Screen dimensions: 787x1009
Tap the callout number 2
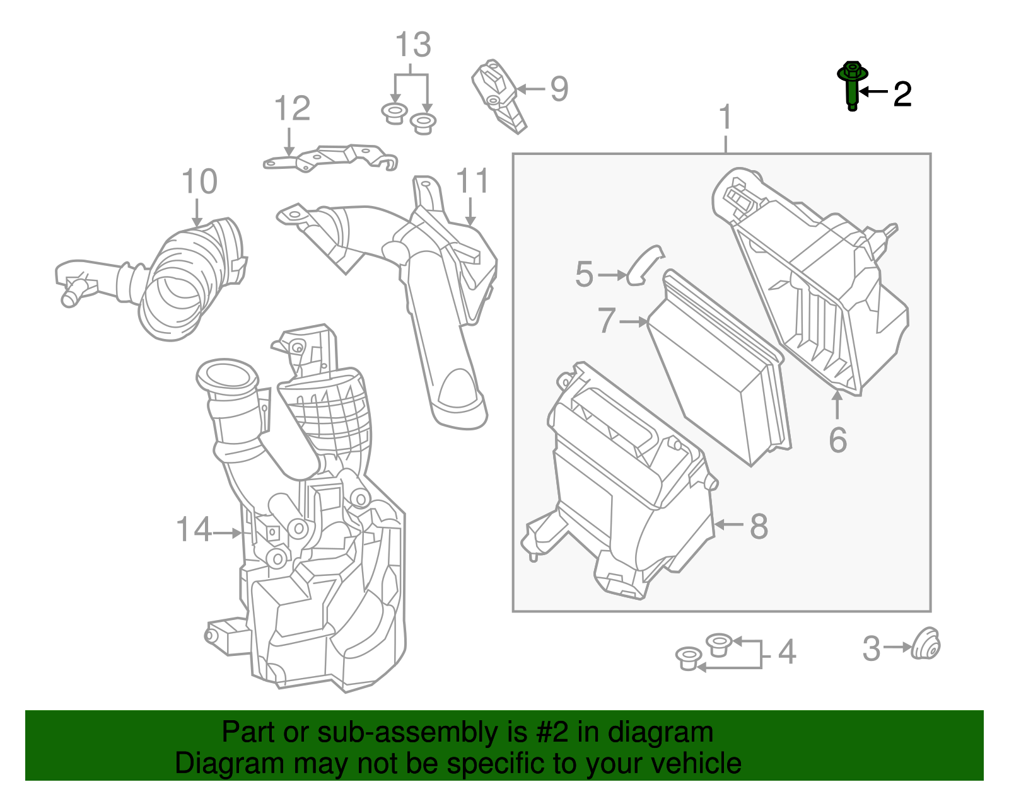(902, 95)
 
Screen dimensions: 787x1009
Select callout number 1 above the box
(726, 118)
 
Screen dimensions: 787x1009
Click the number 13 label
(413, 45)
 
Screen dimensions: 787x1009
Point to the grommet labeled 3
(925, 645)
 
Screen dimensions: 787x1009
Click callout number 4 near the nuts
(786, 652)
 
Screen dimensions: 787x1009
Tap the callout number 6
(837, 440)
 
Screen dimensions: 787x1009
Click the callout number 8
(759, 526)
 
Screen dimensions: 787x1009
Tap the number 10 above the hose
(199, 182)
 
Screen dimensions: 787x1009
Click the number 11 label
(472, 181)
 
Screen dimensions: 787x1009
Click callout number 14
(194, 529)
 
